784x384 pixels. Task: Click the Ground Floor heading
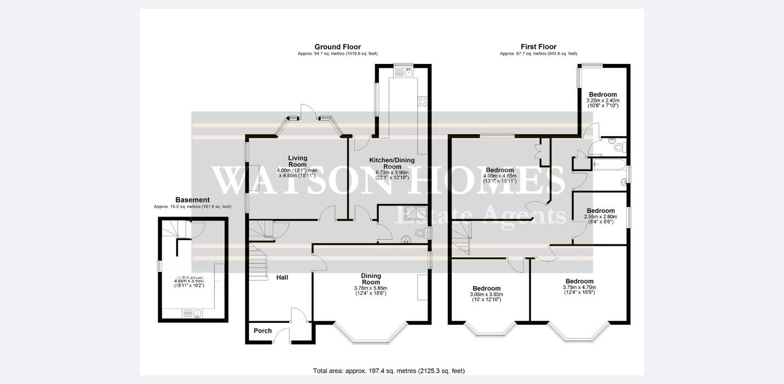coord(337,46)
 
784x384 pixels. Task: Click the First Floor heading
coord(538,46)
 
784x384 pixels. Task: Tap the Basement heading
coord(192,200)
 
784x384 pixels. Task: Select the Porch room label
coord(263,330)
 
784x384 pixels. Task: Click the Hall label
coord(282,277)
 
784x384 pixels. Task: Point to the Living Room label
coord(297,161)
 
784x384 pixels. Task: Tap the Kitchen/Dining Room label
coord(392,164)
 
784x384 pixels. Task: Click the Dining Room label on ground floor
coord(371,279)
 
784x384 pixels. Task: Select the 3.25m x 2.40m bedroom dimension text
coord(602,103)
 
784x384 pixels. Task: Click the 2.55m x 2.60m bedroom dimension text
coord(601,219)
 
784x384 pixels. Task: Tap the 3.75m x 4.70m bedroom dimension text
coord(579,290)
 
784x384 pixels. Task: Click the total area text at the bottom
coord(389,371)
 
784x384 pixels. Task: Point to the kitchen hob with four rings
coord(423,101)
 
